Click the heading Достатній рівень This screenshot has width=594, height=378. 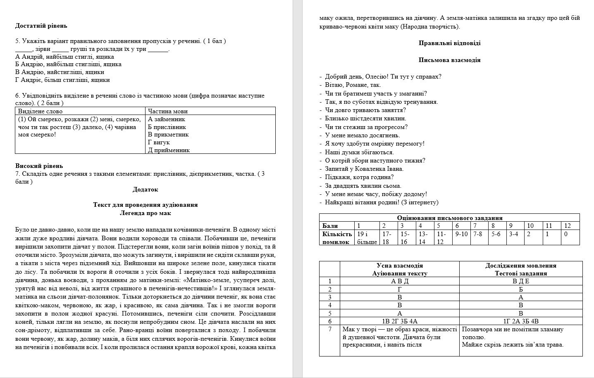coord(41,26)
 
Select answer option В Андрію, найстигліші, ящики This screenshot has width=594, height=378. coord(60,72)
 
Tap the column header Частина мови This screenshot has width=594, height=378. coord(167,111)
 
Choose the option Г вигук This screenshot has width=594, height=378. coord(159,142)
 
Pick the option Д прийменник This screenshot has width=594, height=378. coord(169,150)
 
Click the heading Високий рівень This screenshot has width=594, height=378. coord(39,166)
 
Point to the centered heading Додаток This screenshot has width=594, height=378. coord(145,189)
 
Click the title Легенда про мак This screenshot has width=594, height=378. coord(145,213)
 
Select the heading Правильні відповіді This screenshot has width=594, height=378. coord(449,43)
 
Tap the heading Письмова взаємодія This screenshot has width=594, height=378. coord(449,60)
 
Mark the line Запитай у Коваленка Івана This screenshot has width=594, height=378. coord(364,169)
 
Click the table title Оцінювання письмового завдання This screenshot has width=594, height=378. coord(449,218)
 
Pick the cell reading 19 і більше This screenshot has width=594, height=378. coord(367,238)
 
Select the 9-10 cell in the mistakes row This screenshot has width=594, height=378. coord(461,234)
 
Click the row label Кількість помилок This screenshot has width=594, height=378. coord(337,238)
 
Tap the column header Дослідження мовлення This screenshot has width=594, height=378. coord(520,266)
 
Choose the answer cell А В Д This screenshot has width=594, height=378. coord(399,281)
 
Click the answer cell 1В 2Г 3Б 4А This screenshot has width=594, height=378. coord(399,321)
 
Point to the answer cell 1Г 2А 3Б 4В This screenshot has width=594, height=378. coord(520,321)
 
